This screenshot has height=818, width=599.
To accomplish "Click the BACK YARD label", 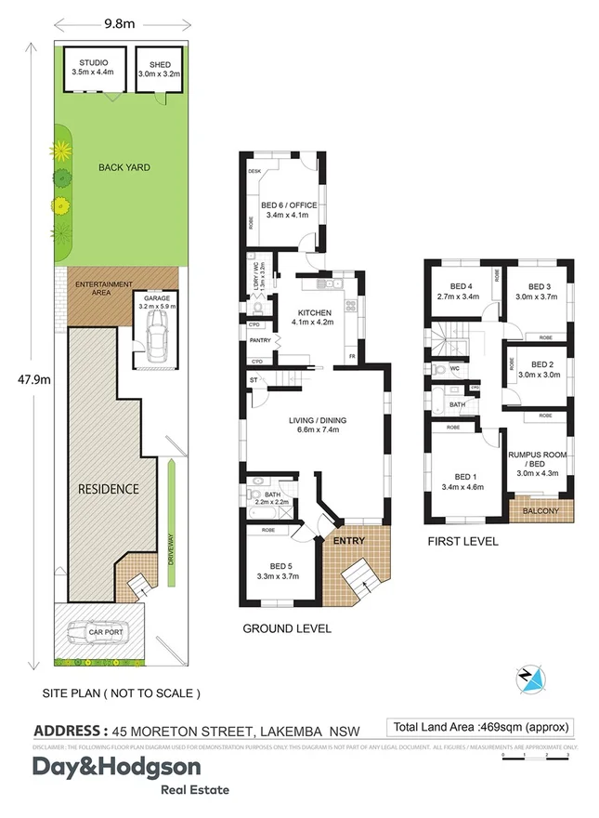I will click(124, 168).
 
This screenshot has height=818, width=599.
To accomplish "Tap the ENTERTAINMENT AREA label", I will click(103, 287).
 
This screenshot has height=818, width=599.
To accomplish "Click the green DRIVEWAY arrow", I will click(172, 521).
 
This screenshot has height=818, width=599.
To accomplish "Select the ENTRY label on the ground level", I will click(350, 541).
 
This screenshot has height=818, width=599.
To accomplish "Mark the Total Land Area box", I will click(482, 727).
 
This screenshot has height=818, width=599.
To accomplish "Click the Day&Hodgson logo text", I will click(116, 768).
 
